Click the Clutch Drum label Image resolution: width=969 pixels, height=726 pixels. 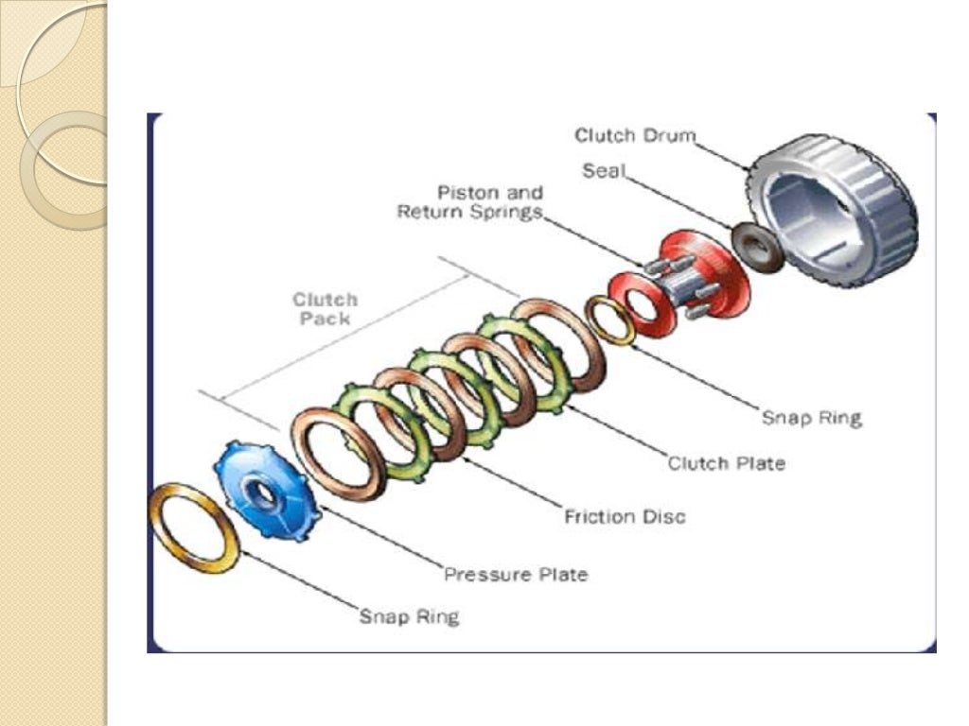coord(635,136)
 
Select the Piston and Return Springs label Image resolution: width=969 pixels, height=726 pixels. coord(470,202)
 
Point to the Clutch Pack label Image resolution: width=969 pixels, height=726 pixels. coord(325,308)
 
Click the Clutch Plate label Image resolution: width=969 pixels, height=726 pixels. coord(726,463)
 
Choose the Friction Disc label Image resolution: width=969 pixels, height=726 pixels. coord(625,516)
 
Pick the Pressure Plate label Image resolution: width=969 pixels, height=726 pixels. coord(516,574)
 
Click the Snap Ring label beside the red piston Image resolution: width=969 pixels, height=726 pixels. coord(812,417)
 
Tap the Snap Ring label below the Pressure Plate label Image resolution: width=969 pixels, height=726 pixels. coord(409,617)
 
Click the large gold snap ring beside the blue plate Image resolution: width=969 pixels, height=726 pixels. coord(195,527)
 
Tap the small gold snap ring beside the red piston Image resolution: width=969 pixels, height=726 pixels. coord(610,320)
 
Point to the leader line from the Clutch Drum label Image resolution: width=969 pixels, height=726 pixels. coord(723,151)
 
